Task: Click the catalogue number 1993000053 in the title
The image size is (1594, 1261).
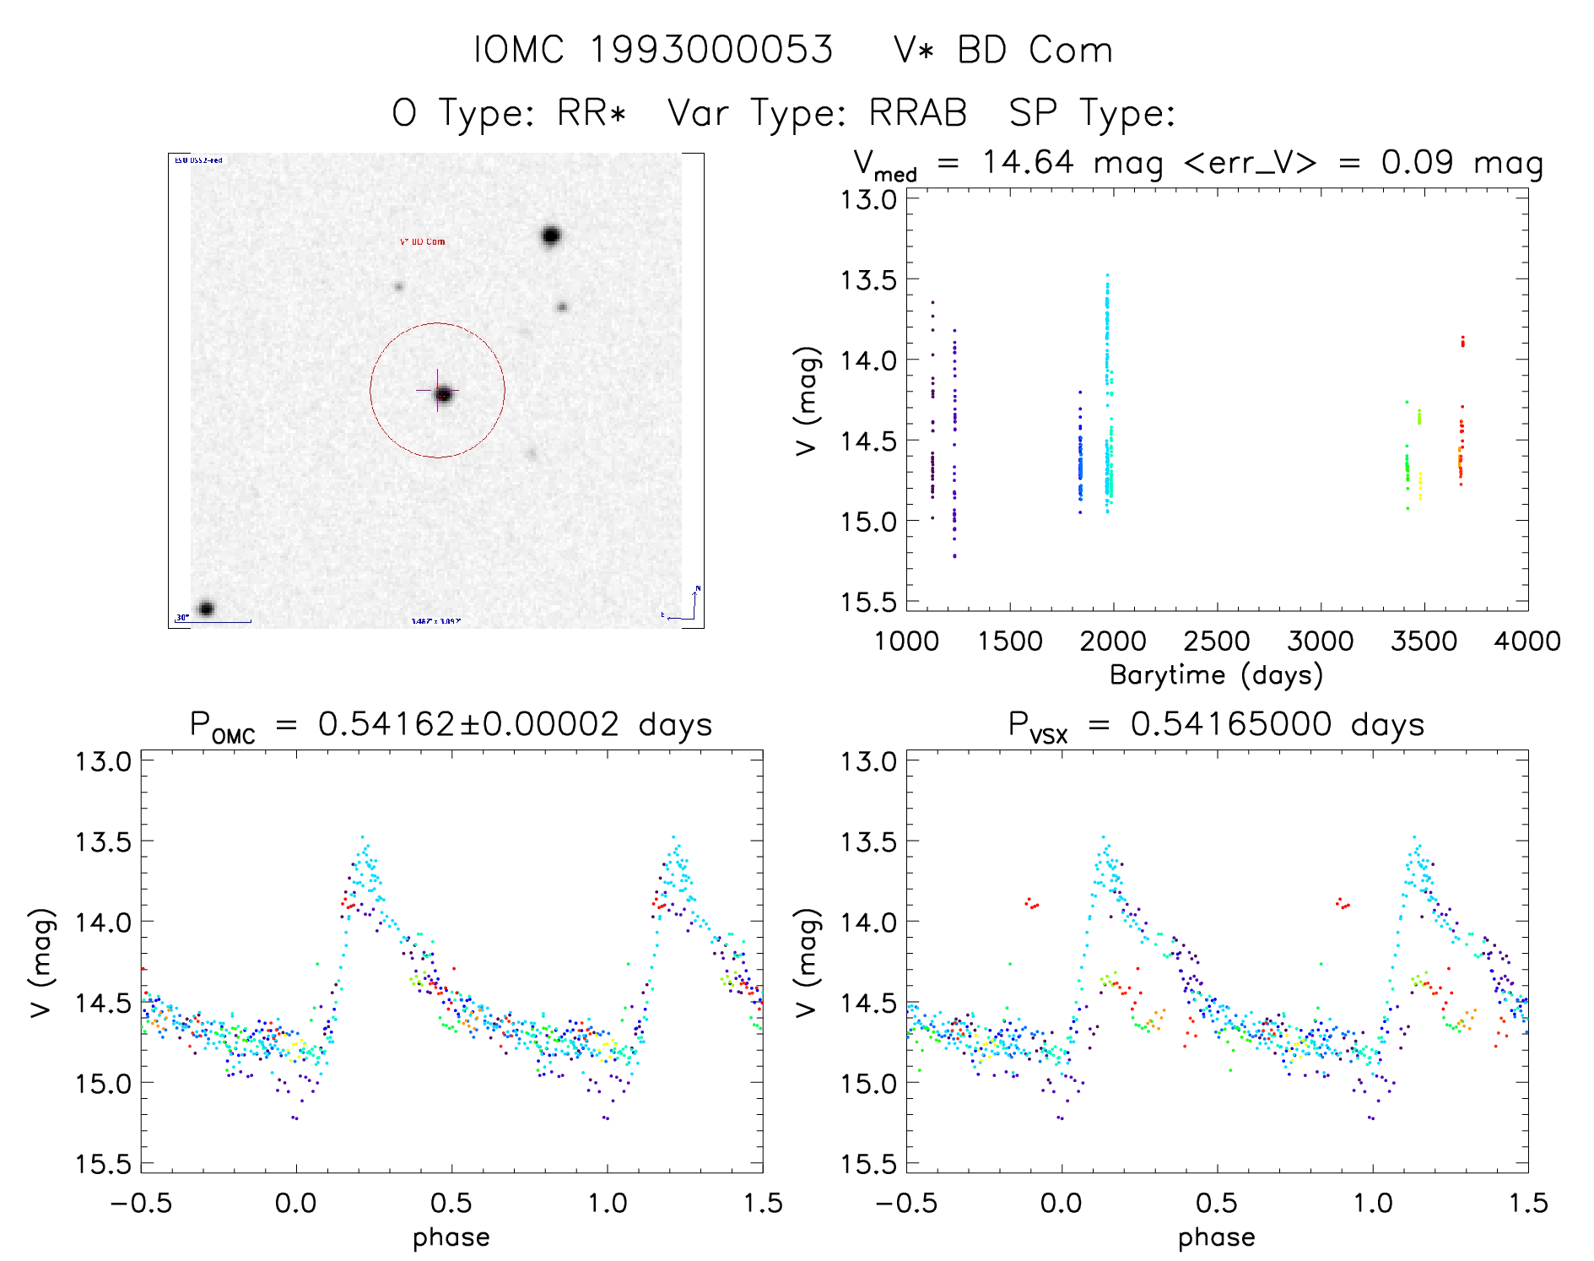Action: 711,51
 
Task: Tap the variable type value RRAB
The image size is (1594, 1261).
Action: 918,113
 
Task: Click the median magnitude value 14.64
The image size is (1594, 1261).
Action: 1028,162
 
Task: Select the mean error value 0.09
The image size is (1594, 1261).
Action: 1417,162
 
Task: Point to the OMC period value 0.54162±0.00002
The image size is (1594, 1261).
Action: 468,724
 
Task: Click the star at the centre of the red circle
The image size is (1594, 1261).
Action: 444,394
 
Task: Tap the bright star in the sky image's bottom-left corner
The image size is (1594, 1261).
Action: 206,609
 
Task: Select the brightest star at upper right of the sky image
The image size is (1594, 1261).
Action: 551,235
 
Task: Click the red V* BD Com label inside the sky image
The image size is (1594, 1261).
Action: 423,242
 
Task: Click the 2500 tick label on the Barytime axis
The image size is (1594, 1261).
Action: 1217,641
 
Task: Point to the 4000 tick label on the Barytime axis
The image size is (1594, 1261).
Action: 1526,641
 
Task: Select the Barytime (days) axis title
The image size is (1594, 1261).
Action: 1216,675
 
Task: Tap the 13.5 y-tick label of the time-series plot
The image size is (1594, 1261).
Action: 868,280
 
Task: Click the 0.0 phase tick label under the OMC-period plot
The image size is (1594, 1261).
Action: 296,1204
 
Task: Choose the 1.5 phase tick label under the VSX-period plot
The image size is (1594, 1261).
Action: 1527,1204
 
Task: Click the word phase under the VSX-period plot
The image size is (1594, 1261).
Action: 1216,1237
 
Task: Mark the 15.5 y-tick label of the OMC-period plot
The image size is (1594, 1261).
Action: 104,1165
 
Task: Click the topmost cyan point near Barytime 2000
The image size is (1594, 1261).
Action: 1107,275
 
